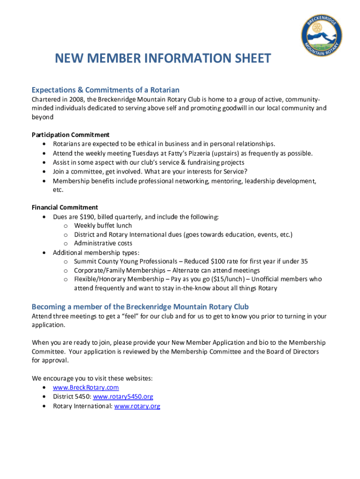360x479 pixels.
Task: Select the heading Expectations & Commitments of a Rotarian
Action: tap(105, 90)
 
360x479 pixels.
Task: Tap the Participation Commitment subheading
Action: tap(71, 135)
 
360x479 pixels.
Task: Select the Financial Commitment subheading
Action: tap(65, 207)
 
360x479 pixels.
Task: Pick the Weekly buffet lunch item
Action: tap(103, 225)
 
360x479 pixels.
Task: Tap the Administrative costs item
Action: tap(103, 243)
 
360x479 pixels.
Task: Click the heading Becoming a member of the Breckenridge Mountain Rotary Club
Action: tap(140, 307)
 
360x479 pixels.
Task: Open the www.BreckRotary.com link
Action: tap(86, 388)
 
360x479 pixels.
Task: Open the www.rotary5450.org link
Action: tap(123, 397)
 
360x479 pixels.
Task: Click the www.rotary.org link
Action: tap(137, 406)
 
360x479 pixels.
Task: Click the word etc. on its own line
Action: tap(58, 189)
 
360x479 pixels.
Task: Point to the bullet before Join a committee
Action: tap(44, 171)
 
